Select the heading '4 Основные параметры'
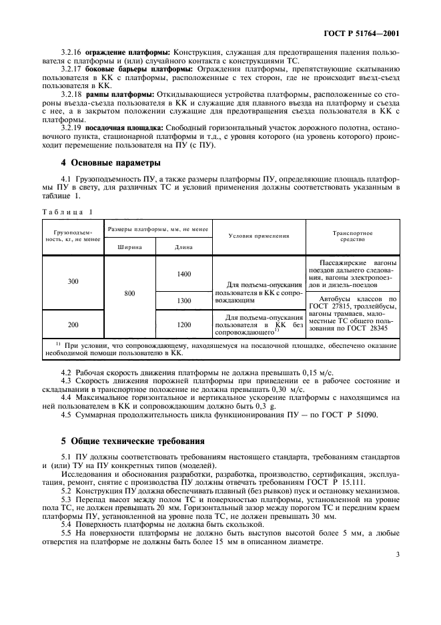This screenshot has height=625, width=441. tap(101, 163)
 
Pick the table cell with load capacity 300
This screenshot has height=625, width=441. tap(73, 282)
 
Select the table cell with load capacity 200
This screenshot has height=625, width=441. tap(73, 325)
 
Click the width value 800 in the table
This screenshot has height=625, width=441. tap(131, 292)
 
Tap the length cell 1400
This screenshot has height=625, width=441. tap(183, 274)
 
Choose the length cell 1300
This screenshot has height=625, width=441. tap(183, 301)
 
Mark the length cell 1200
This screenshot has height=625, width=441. tap(183, 325)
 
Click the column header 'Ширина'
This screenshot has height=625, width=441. tap(131, 246)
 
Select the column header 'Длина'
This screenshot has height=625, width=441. tap(183, 246)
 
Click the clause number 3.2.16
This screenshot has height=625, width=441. tap(71, 52)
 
